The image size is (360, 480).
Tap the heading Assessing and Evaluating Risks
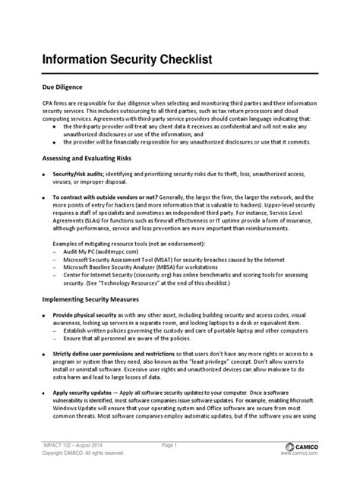click(x=87, y=158)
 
